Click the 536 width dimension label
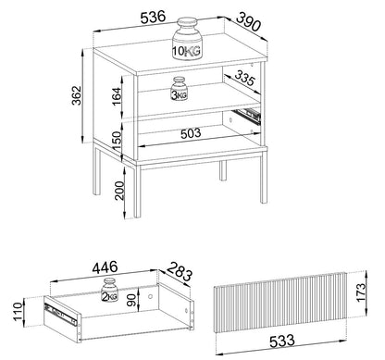pos(153,18)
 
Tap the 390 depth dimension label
pos(249,21)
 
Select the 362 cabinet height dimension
pos(77,95)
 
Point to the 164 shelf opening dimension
pos(117,96)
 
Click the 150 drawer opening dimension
pos(117,141)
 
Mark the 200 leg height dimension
pos(119,191)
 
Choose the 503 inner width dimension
pos(191,133)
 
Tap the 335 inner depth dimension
pos(244,78)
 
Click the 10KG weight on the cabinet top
pos(187,38)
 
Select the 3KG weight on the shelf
pos(179,89)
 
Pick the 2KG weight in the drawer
pos(109,290)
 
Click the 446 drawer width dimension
pos(105,267)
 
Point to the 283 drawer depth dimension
pos(180,271)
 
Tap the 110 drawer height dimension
pos(19,312)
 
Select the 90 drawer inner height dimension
pos(131,299)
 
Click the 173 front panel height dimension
pos(360,292)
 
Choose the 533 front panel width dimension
pos(282,341)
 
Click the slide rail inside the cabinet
pos(247,115)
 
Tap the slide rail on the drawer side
pos(61,314)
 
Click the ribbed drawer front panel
pos(280,303)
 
